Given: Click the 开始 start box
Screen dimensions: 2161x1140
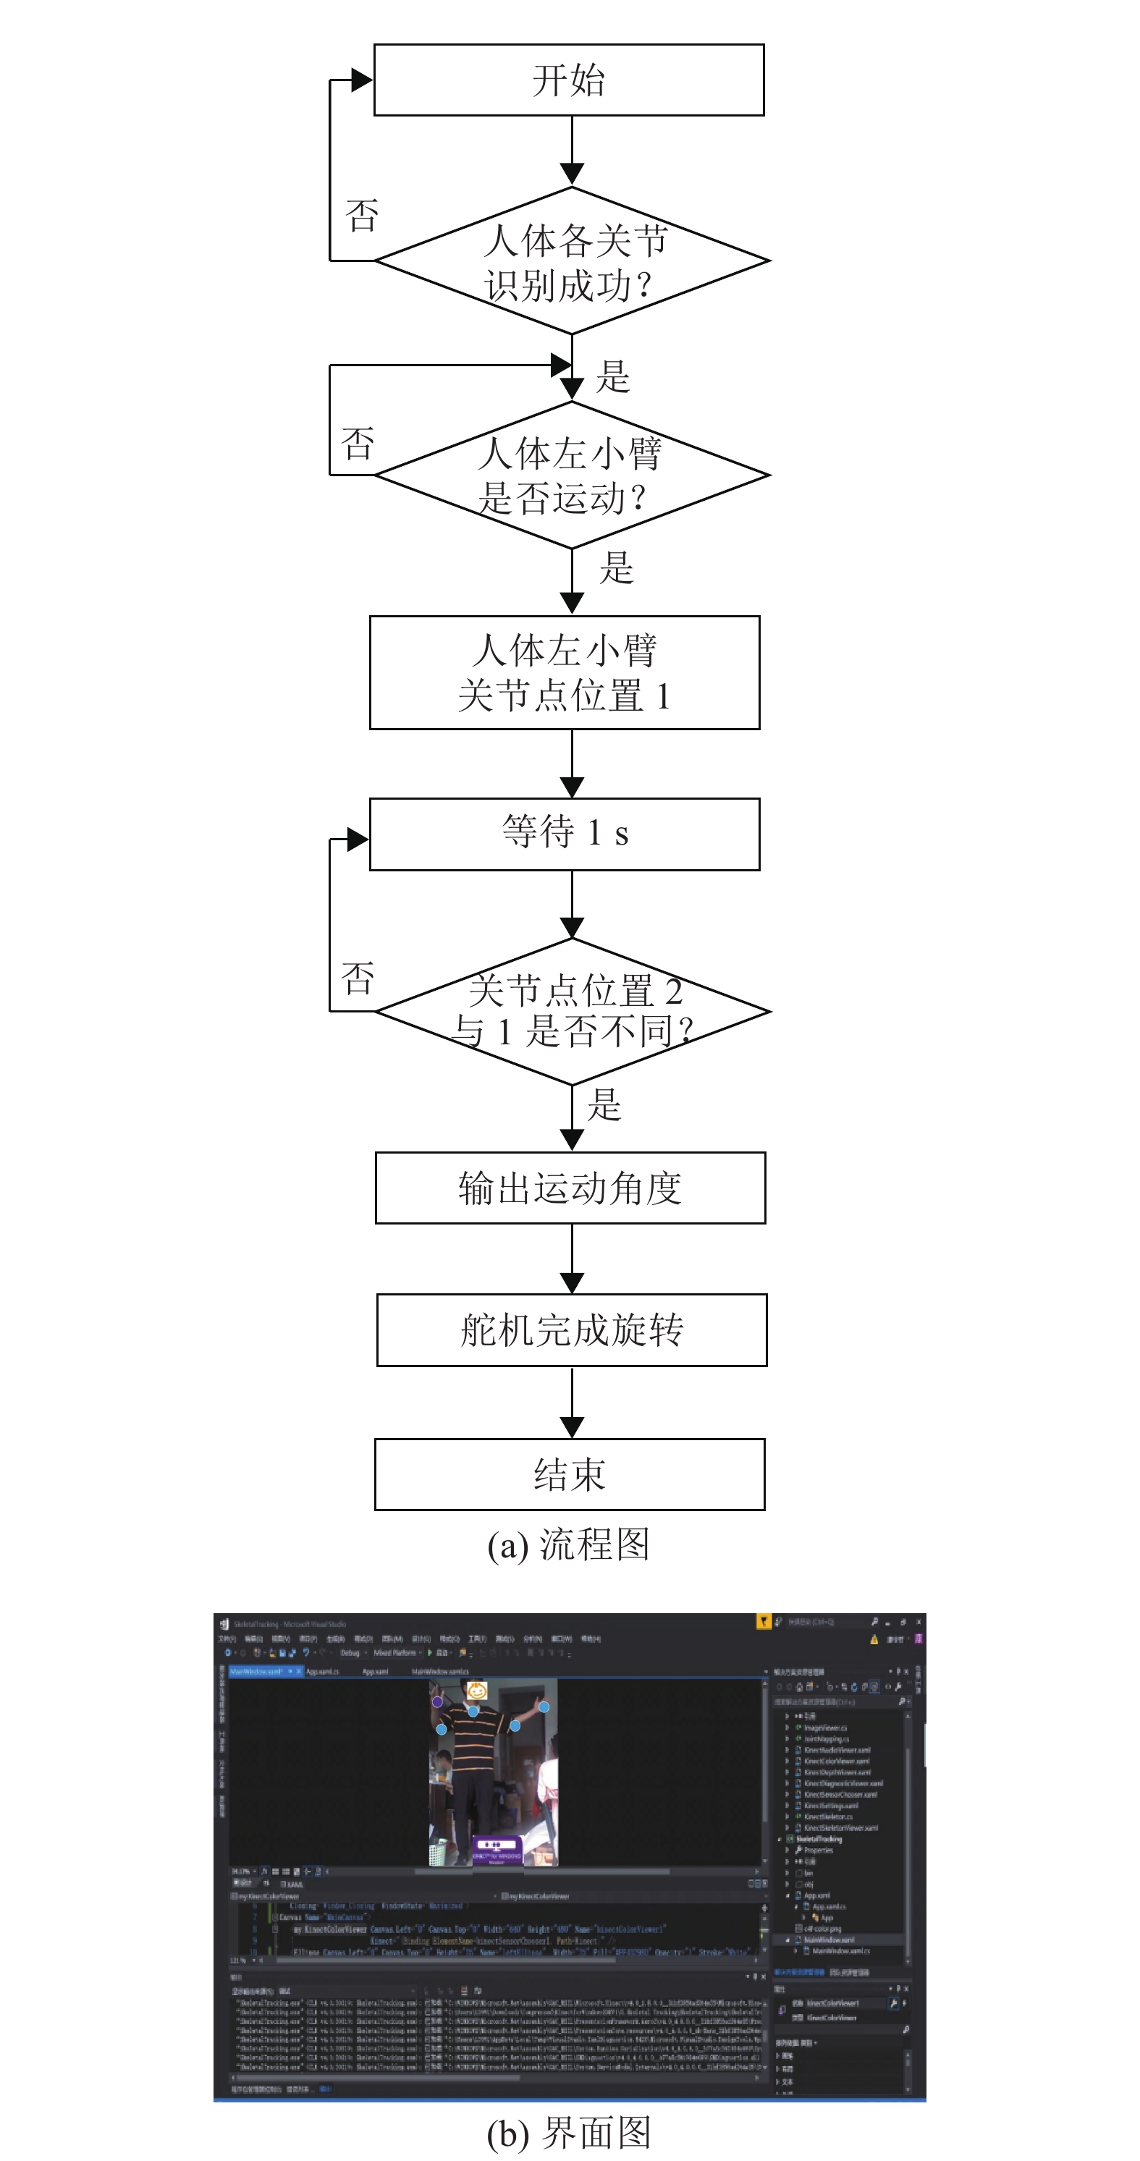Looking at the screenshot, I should coord(569,80).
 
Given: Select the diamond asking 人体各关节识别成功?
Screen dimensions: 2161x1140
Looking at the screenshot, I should coord(572,261).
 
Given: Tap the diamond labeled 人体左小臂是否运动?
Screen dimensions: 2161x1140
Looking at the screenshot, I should coord(572,475).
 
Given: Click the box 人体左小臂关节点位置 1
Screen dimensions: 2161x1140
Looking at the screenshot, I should coord(565,673).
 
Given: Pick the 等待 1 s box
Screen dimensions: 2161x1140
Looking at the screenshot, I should coord(565,834).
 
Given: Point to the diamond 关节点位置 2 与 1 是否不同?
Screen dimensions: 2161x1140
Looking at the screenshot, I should coord(572,1011).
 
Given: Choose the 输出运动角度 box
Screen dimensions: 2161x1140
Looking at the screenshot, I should coord(570,1188).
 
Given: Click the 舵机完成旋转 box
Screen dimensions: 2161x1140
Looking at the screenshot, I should coord(572,1329).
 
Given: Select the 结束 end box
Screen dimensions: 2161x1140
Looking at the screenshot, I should coord(570,1474).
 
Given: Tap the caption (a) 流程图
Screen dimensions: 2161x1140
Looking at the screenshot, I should coord(569,1544).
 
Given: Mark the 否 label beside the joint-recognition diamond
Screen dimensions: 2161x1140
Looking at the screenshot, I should coord(363,216).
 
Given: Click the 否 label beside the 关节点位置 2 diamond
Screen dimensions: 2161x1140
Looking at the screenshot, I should coord(358,979).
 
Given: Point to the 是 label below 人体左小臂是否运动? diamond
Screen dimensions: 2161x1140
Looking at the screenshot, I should coord(617,569).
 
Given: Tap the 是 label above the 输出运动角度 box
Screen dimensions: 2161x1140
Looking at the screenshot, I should coord(604,1105).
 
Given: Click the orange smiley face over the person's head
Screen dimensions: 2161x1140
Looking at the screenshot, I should coord(476,1691).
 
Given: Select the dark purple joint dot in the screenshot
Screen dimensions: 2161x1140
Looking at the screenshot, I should coord(437,1701).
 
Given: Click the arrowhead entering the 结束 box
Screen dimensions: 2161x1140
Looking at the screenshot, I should coord(572,1428).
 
